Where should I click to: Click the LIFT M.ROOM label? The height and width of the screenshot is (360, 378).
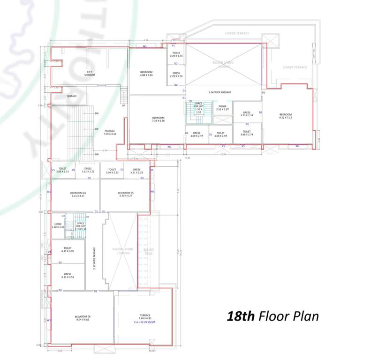90,74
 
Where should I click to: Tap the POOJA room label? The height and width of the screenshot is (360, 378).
223,108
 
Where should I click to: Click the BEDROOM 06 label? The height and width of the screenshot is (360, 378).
82,318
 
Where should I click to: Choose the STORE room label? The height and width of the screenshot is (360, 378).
58,226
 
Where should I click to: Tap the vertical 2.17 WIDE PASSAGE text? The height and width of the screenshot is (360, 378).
95,261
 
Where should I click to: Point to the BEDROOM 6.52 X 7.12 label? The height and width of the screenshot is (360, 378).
285,116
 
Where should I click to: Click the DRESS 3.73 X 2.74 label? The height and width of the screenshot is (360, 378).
247,114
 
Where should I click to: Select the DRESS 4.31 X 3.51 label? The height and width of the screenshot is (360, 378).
68,276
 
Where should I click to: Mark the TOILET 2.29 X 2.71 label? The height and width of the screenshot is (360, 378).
176,54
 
